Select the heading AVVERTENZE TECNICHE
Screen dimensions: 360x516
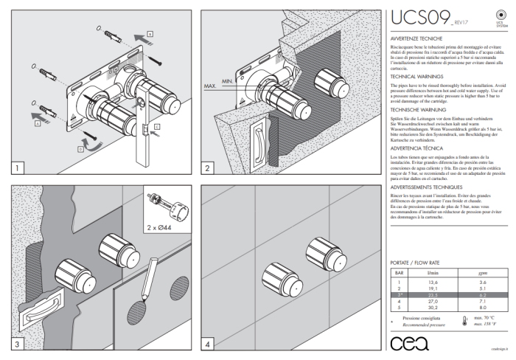pyautogui.click(x=416, y=37)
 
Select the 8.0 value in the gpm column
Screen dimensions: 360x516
pyautogui.click(x=482, y=307)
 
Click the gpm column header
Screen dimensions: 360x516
pyautogui.click(x=482, y=273)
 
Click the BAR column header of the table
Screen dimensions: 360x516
pyautogui.click(x=399, y=273)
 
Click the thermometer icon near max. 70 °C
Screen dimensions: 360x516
pyautogui.click(x=465, y=322)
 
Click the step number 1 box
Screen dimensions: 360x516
pyautogui.click(x=17, y=168)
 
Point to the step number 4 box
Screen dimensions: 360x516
pyautogui.click(x=209, y=344)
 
